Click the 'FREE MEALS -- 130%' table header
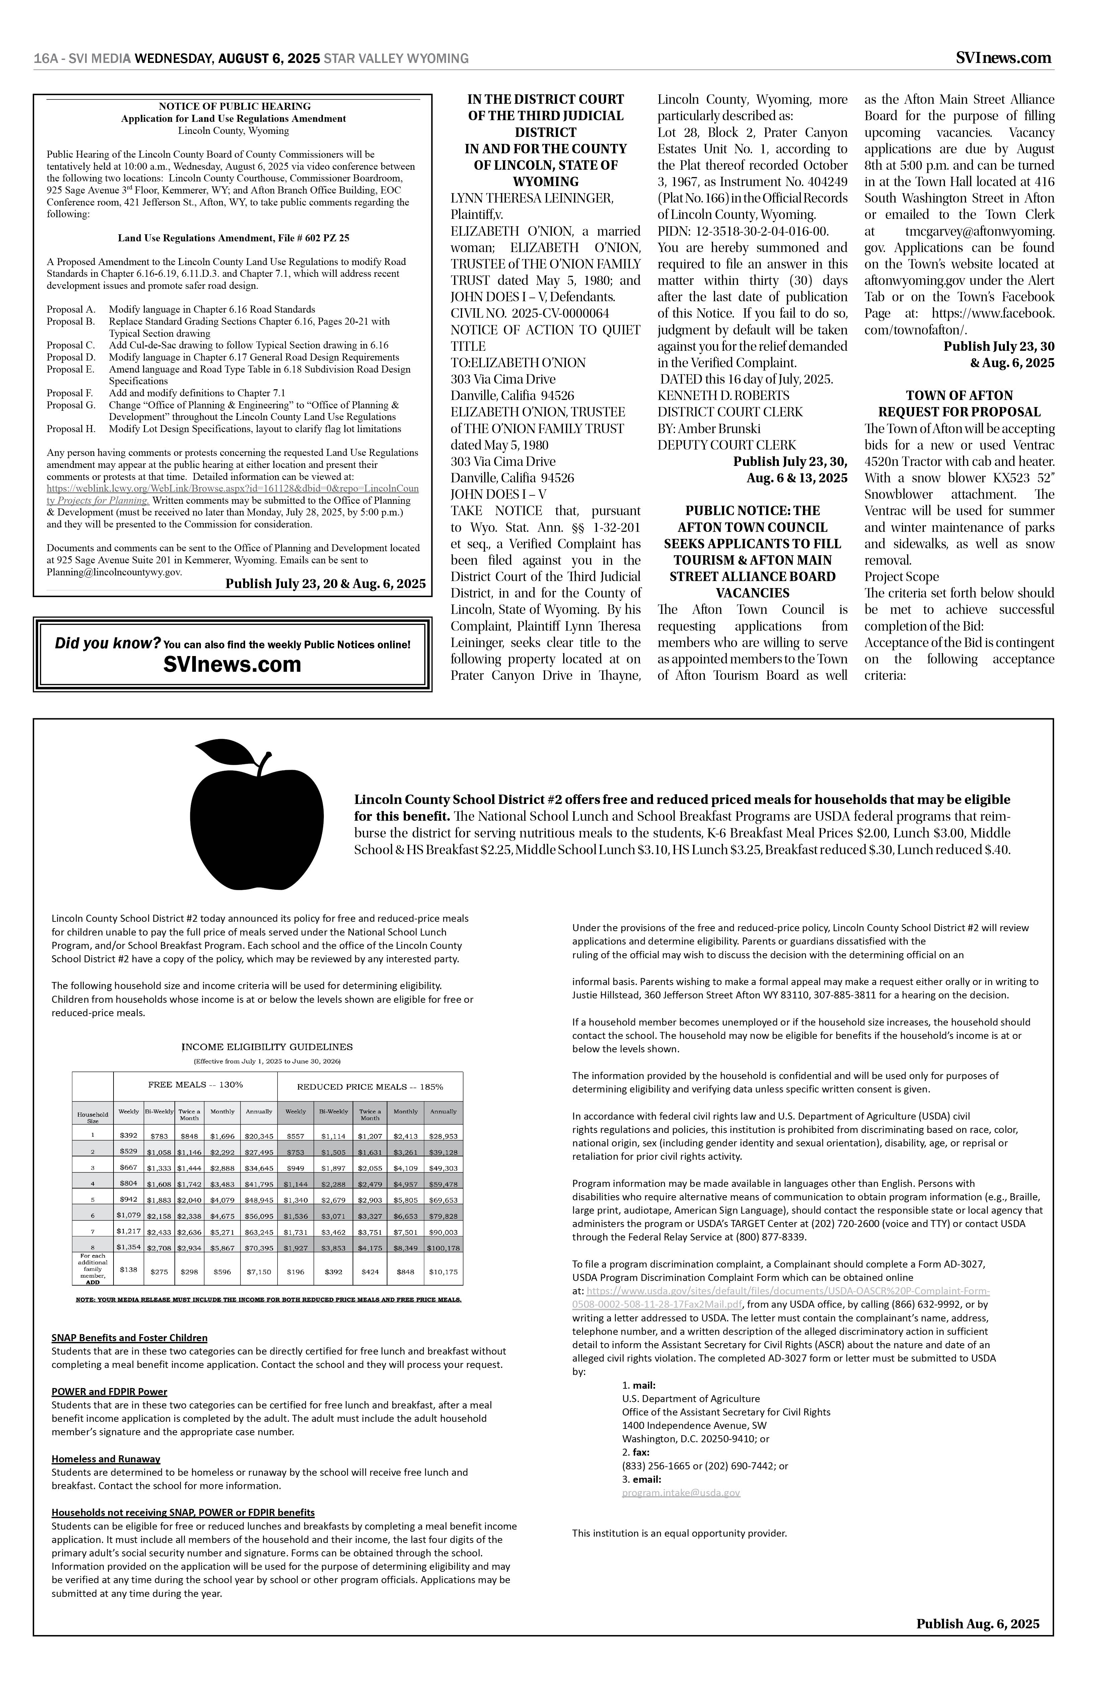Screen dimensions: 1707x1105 [195, 1085]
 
